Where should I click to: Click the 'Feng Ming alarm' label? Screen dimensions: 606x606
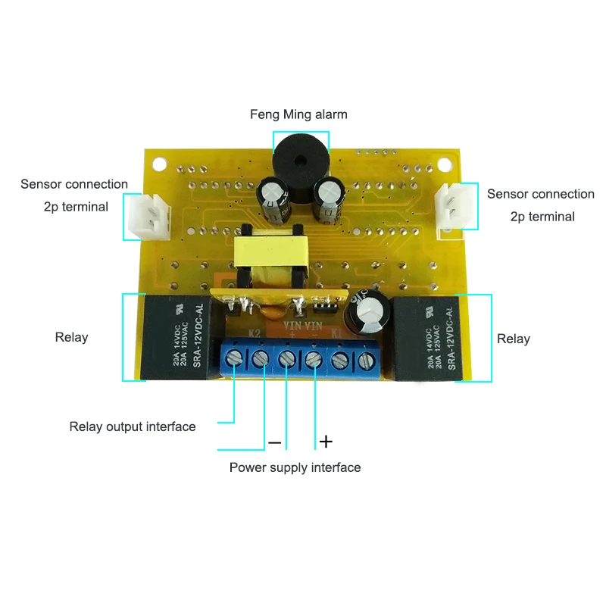[298, 114]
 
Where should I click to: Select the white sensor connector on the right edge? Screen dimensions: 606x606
[452, 206]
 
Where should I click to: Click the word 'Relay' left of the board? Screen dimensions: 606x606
[71, 337]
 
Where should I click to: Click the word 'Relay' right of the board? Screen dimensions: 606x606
[513, 339]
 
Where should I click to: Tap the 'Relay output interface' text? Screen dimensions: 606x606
[133, 426]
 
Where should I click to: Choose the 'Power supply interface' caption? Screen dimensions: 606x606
[295, 467]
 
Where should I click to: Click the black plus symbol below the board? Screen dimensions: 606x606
[326, 441]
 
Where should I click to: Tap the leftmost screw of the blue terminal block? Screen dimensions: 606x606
[235, 358]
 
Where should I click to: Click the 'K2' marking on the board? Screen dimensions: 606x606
[255, 332]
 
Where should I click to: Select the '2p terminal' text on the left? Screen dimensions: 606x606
[76, 206]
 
